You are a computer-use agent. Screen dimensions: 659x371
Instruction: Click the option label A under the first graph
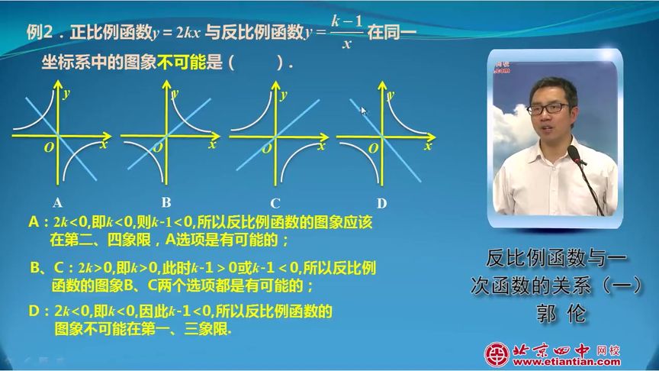pos(57,203)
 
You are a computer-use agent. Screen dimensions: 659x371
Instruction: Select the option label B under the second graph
pos(166,202)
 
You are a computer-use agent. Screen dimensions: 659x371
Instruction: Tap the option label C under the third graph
pos(275,204)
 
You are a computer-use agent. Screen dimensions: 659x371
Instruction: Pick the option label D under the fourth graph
pos(381,204)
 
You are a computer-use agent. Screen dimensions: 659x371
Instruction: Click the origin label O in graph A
pos(49,147)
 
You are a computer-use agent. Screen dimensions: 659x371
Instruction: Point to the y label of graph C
pos(284,95)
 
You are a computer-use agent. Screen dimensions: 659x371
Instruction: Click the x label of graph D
pos(428,146)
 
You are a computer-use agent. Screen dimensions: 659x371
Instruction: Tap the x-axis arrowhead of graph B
pos(215,136)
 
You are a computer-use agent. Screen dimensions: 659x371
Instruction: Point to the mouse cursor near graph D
pos(364,111)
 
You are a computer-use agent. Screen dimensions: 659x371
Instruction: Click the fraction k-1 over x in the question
pos(347,32)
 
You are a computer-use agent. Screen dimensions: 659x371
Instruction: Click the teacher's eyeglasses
pos(548,108)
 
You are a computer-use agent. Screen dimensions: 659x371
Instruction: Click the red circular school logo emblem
pos(497,353)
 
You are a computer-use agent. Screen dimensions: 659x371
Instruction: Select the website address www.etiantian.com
pos(567,362)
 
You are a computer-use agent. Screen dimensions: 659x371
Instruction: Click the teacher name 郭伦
pos(561,314)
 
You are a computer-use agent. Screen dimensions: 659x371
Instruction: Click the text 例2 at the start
pos(40,32)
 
